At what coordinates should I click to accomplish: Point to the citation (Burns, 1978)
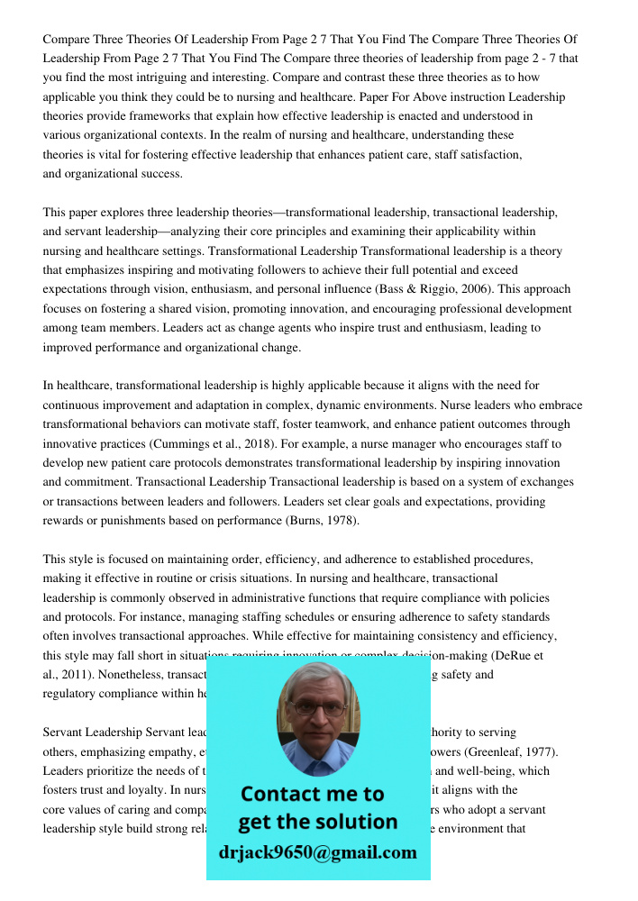point(322,521)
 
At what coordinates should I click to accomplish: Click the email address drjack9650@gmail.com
point(318,852)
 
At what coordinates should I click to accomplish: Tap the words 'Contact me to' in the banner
point(312,794)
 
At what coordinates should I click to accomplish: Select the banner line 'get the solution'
point(317,822)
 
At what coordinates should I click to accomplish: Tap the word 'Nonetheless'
point(128,674)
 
